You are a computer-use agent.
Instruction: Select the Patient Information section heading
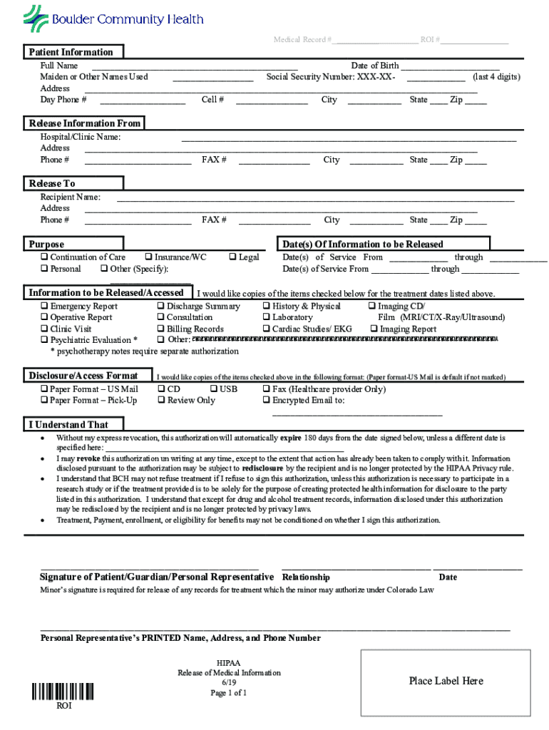pos(71,52)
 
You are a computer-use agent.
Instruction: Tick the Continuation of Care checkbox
pos(44,257)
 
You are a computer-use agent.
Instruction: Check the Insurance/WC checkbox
pos(148,257)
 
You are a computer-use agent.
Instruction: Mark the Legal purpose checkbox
pos(232,257)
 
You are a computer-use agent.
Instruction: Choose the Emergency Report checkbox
pos(44,307)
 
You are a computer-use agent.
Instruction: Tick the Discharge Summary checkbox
pos(160,307)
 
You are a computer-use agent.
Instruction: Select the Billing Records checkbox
pos(160,329)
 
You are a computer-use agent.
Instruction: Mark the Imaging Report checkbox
pos(374,329)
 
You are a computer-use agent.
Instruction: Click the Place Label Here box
pos(446,681)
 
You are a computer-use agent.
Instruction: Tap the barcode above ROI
pos(63,692)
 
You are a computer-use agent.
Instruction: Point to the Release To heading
pos(52,183)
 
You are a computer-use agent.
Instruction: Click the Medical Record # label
pos(302,40)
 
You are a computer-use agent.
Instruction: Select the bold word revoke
pos(88,459)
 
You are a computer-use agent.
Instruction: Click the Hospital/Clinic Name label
pos(80,137)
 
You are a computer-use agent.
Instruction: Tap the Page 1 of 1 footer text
pos(229,693)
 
